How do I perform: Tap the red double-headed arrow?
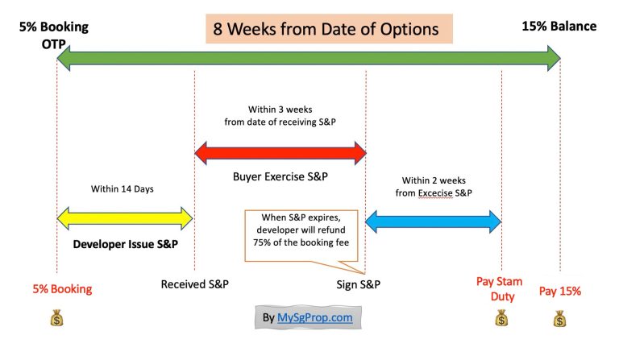pyautogui.click(x=280, y=151)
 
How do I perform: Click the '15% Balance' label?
pyautogui.click(x=559, y=27)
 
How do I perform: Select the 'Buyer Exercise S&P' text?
pyautogui.click(x=280, y=176)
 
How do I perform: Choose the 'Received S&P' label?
pyautogui.click(x=194, y=285)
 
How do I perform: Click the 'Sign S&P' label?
pyautogui.click(x=359, y=285)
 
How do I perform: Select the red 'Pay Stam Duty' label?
pyautogui.click(x=499, y=289)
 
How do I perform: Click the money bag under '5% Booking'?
pyautogui.click(x=56, y=320)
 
